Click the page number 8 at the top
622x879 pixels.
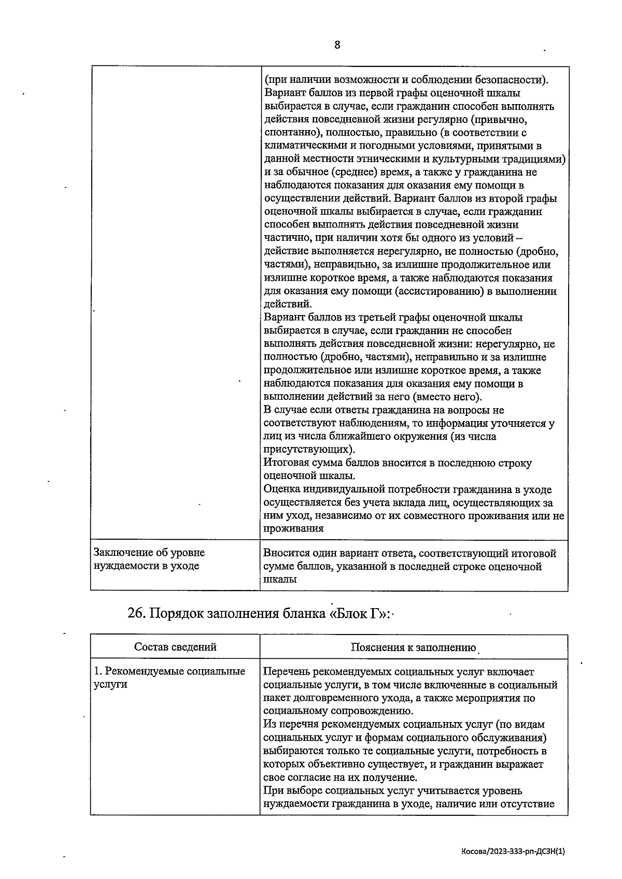pyautogui.click(x=337, y=45)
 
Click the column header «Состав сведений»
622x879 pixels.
pyautogui.click(x=175, y=646)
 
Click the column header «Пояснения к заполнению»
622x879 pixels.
pyautogui.click(x=413, y=647)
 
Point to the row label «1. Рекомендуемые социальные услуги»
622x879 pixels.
pyautogui.click(x=169, y=678)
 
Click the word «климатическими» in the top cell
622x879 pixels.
pyautogui.click(x=303, y=146)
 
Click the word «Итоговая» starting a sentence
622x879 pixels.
pyautogui.click(x=287, y=463)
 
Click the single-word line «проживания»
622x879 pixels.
pyautogui.click(x=293, y=528)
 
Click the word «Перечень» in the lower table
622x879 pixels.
pyautogui.click(x=288, y=672)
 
